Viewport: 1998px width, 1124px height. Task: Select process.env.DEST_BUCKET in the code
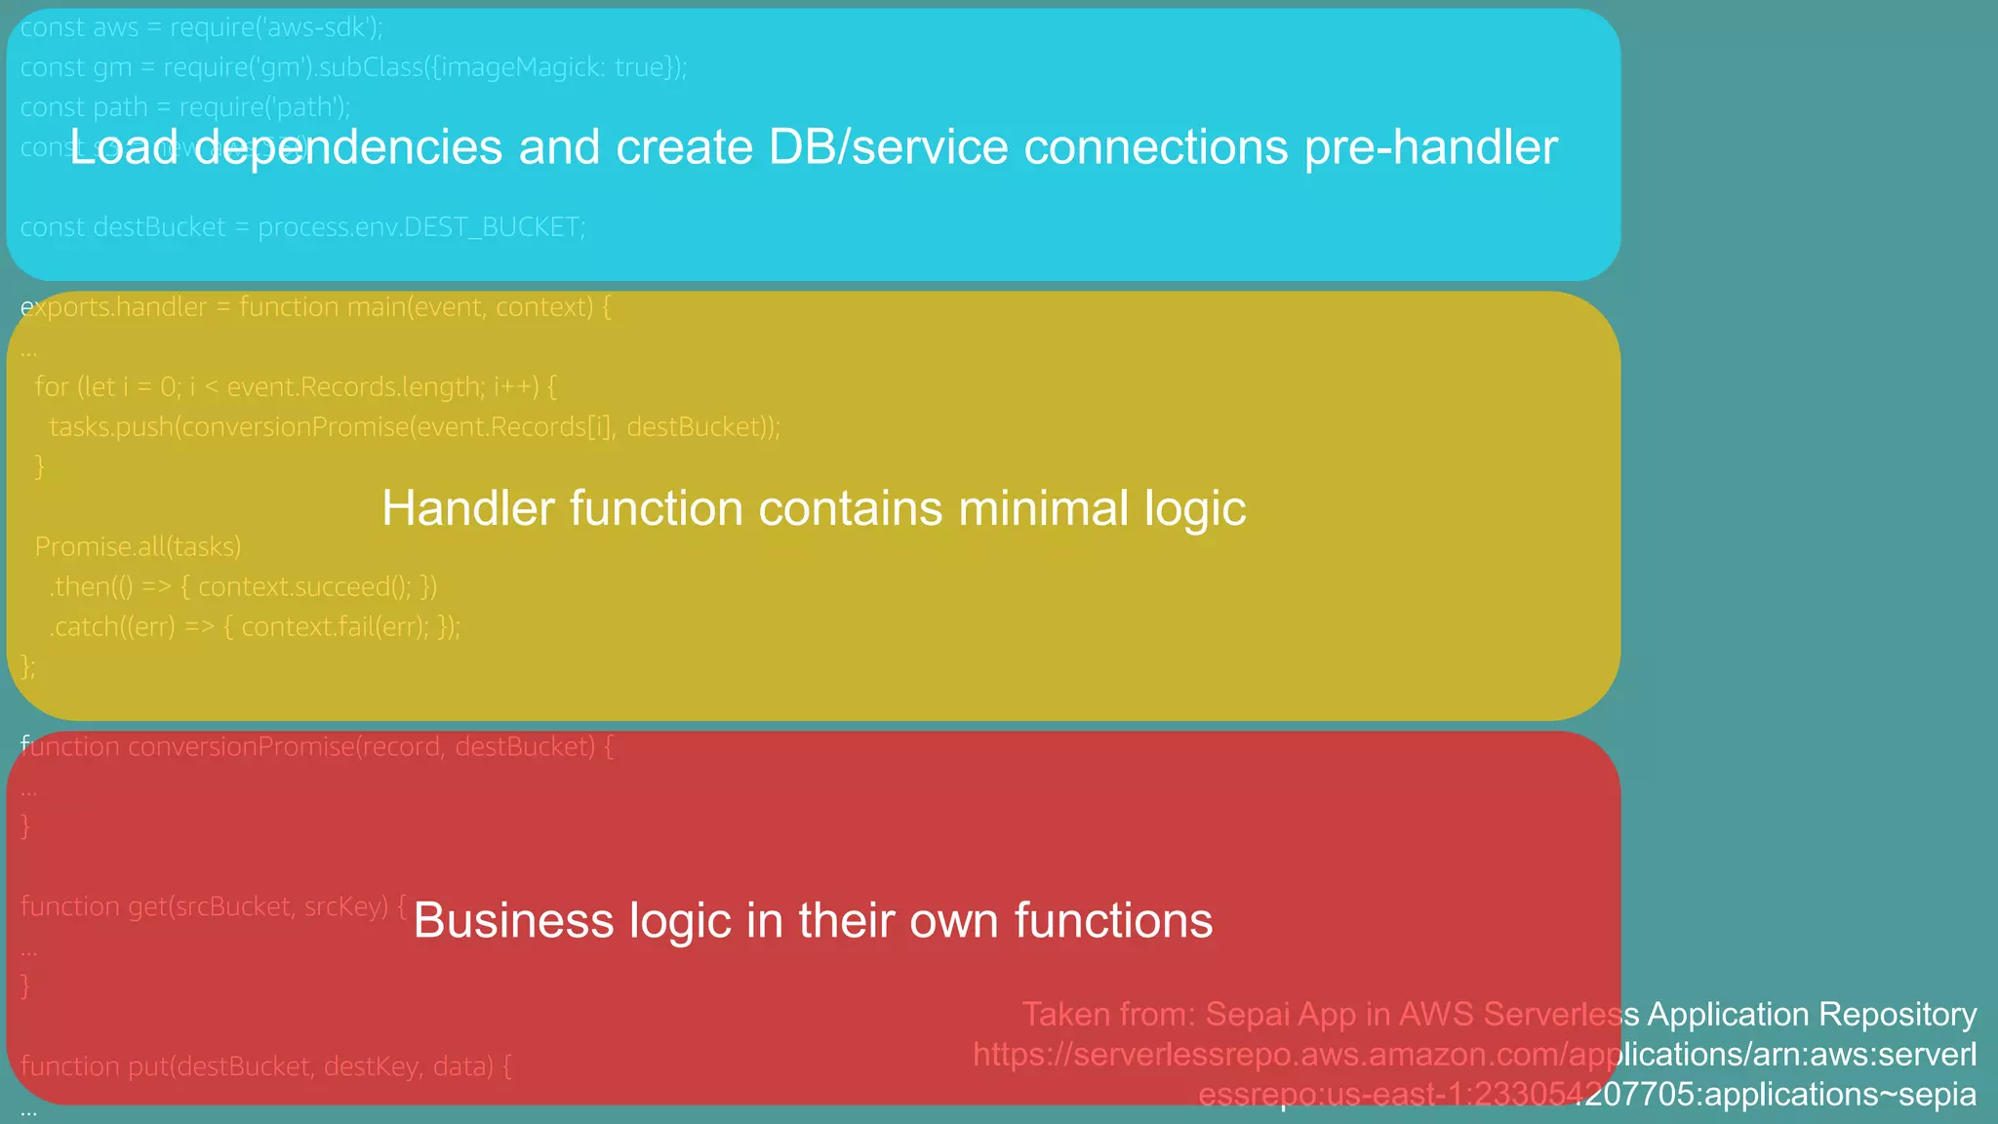(420, 228)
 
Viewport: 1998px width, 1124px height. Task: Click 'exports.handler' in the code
(114, 307)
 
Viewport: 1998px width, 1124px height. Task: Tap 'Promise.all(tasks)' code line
(138, 547)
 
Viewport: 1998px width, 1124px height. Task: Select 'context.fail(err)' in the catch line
(334, 627)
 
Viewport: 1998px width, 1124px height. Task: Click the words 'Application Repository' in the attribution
(1811, 1015)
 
